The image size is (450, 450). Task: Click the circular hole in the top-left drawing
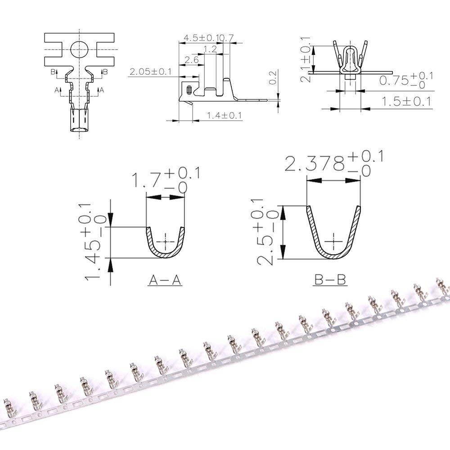pyautogui.click(x=80, y=48)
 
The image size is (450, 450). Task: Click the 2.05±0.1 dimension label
pyautogui.click(x=150, y=72)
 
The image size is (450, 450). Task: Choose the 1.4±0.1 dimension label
pyautogui.click(x=224, y=116)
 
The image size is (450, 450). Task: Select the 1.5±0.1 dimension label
pyautogui.click(x=406, y=101)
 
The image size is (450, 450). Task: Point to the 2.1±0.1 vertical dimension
pyautogui.click(x=306, y=60)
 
